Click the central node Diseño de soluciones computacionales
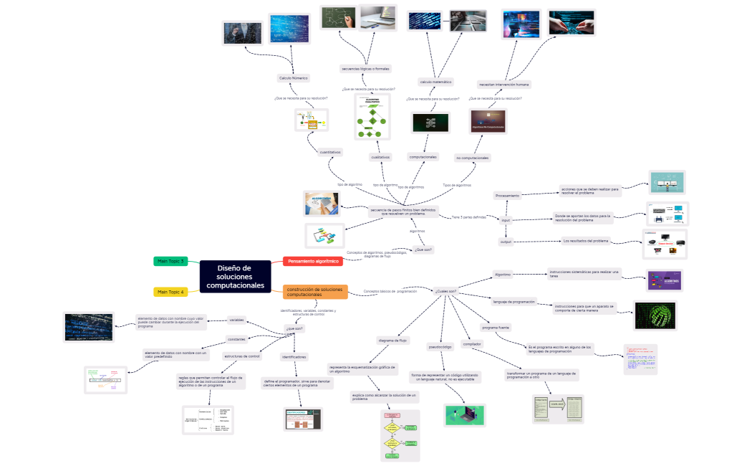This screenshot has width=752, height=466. pyautogui.click(x=235, y=277)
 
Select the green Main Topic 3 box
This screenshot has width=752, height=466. pyautogui.click(x=170, y=262)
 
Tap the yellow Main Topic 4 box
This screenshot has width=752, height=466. pyautogui.click(x=170, y=292)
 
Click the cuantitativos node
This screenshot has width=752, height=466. pyautogui.click(x=330, y=153)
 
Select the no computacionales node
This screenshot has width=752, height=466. pyautogui.click(x=473, y=158)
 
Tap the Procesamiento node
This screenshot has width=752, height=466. pyautogui.click(x=507, y=195)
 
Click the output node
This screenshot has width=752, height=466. pyautogui.click(x=506, y=242)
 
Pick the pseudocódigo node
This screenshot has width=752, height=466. pyautogui.click(x=440, y=347)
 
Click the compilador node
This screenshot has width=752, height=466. pyautogui.click(x=473, y=344)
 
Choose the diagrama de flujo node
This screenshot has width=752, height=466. pyautogui.click(x=392, y=340)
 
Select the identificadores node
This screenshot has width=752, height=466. pyautogui.click(x=294, y=356)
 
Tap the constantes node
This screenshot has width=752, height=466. pyautogui.click(x=238, y=339)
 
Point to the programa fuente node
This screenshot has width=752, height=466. pyautogui.click(x=495, y=327)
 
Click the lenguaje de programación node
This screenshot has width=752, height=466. pyautogui.click(x=514, y=302)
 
